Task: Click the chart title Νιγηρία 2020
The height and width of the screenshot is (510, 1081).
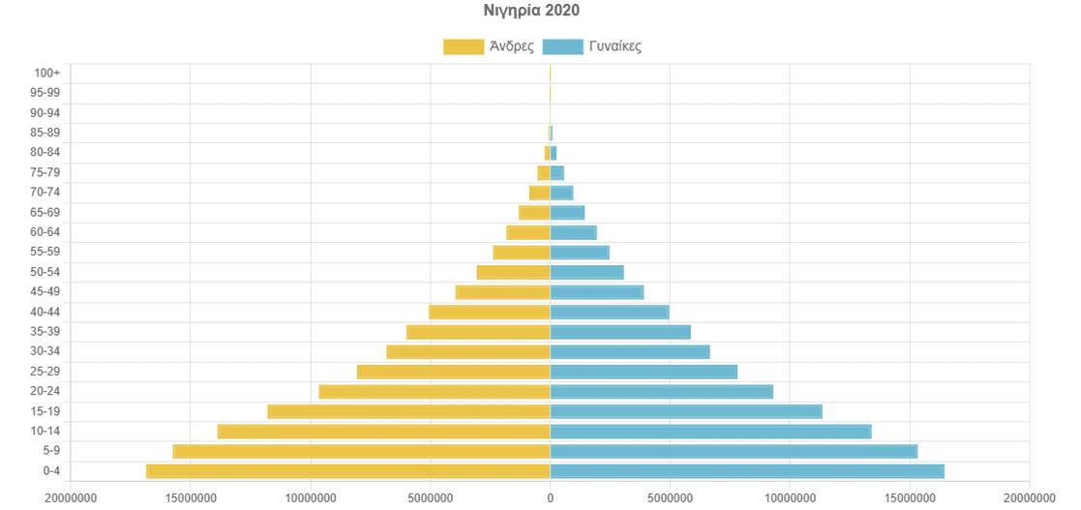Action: tap(531, 11)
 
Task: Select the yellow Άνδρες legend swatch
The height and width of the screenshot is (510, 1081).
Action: tap(463, 46)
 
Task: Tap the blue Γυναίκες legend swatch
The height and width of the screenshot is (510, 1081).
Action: tap(562, 46)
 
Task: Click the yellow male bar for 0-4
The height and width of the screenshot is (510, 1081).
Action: tap(348, 471)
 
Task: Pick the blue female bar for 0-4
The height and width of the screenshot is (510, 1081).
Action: tap(747, 471)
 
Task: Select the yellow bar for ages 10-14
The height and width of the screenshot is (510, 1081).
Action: tap(383, 432)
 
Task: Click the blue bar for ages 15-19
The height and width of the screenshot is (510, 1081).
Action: tap(686, 411)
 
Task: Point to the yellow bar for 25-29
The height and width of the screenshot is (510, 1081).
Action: tap(453, 372)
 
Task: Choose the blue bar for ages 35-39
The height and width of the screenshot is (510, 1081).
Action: tap(620, 332)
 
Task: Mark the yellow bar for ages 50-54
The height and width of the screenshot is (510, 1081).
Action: tap(513, 272)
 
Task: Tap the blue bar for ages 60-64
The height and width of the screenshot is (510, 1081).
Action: tap(573, 232)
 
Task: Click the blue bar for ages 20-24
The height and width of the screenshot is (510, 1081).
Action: tap(662, 392)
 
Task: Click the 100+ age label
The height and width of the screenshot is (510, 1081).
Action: tap(46, 73)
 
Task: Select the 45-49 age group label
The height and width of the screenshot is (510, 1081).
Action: tap(45, 292)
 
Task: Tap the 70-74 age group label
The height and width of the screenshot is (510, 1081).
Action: tap(45, 193)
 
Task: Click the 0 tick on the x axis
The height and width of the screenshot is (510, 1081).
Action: tap(550, 497)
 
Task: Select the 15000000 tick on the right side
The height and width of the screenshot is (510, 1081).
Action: tap(909, 497)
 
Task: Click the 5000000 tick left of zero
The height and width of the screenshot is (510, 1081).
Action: tap(431, 497)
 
